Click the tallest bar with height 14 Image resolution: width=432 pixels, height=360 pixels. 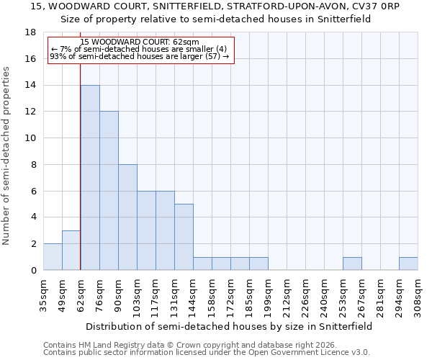(x=90, y=178)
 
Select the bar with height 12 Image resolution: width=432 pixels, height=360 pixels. (x=109, y=191)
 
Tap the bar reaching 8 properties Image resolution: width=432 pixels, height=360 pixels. (x=127, y=217)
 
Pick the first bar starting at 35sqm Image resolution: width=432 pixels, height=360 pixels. (x=53, y=257)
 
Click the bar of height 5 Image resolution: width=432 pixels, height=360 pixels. (x=184, y=237)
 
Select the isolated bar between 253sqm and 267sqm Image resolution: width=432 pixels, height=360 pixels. (x=352, y=264)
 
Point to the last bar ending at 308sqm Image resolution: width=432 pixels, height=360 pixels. (x=408, y=264)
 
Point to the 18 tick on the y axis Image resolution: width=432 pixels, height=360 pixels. (x=30, y=32)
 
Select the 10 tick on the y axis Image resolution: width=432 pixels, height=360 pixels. (x=30, y=138)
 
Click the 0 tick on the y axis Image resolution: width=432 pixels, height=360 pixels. (x=33, y=270)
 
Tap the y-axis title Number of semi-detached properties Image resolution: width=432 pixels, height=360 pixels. (x=7, y=156)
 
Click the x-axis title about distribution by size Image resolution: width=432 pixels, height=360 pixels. (x=230, y=326)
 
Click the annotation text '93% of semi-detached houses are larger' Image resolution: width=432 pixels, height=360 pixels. (x=140, y=56)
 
